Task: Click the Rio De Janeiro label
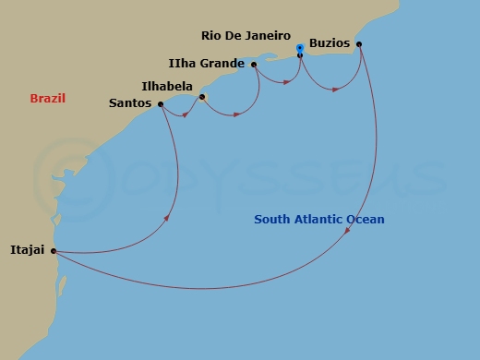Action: pyautogui.click(x=245, y=36)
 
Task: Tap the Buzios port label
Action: pyautogui.click(x=330, y=43)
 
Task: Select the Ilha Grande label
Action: pyautogui.click(x=207, y=64)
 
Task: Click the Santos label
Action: pyautogui.click(x=130, y=103)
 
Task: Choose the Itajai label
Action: pyautogui.click(x=28, y=250)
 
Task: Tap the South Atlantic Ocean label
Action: pyautogui.click(x=319, y=219)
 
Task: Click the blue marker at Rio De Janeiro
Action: pyautogui.click(x=300, y=47)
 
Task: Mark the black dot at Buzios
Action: pyautogui.click(x=358, y=44)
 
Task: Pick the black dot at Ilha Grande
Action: pyautogui.click(x=253, y=65)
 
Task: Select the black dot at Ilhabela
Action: pyautogui.click(x=202, y=97)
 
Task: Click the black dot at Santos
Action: pyautogui.click(x=161, y=104)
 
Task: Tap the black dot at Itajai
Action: pyautogui.click(x=54, y=250)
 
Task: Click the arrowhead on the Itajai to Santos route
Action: pyautogui.click(x=167, y=218)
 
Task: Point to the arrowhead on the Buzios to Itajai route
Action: pyautogui.click(x=347, y=234)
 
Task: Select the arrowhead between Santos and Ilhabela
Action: pyautogui.click(x=186, y=115)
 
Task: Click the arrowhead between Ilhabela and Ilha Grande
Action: pyautogui.click(x=237, y=114)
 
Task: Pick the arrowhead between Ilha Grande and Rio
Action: pyautogui.click(x=287, y=83)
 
